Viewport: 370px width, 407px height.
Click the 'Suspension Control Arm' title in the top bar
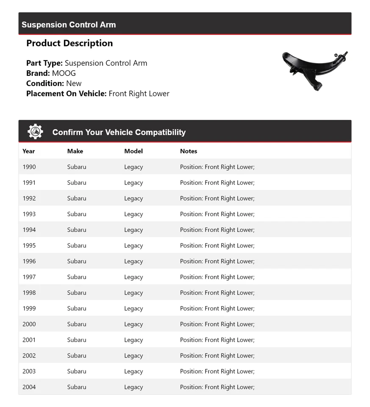(69, 25)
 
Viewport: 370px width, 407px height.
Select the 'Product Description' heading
(70, 43)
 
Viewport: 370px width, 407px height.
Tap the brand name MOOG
(64, 73)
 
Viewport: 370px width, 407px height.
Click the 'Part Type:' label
(45, 63)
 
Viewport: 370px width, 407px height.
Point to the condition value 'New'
(74, 84)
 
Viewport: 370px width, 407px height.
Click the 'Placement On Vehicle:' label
(67, 94)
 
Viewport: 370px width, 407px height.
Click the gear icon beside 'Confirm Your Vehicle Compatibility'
(35, 132)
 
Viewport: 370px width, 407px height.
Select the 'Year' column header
(29, 151)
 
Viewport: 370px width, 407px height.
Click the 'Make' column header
(75, 151)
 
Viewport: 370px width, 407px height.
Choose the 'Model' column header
(134, 151)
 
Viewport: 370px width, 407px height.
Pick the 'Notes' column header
(189, 151)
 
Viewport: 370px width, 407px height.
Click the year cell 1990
(29, 167)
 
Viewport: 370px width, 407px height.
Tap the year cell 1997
(29, 277)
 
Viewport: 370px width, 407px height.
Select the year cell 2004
(29, 387)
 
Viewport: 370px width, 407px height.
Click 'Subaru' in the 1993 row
(77, 214)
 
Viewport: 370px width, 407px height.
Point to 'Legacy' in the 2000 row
(134, 324)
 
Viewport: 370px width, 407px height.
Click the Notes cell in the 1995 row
(217, 245)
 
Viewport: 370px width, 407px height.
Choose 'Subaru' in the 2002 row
(77, 356)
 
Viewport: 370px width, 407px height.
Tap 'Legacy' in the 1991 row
(134, 183)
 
